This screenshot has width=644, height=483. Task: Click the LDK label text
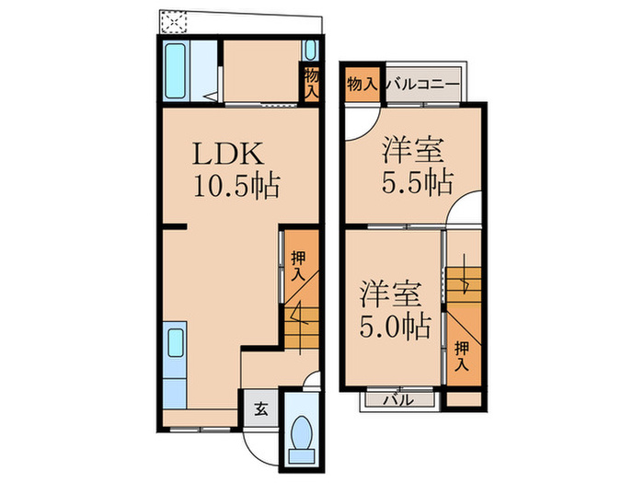click(227, 154)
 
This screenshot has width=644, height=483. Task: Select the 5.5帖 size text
click(418, 181)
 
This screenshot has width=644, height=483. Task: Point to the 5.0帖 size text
click(395, 326)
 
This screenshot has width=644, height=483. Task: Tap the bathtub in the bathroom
click(176, 71)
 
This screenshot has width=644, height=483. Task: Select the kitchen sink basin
click(175, 343)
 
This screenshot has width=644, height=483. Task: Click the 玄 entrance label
click(261, 409)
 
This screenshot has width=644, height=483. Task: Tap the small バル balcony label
click(398, 399)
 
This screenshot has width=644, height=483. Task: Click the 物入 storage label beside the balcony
click(362, 85)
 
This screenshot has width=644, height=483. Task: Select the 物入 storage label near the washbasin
click(311, 84)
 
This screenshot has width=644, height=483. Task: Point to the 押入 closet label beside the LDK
click(298, 266)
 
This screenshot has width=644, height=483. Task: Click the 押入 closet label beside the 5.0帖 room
click(462, 356)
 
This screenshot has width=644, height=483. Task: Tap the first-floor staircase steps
click(302, 328)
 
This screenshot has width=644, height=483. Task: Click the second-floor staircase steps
click(464, 284)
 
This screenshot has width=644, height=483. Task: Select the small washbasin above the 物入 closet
click(311, 50)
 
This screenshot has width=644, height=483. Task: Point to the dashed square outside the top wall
click(173, 22)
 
